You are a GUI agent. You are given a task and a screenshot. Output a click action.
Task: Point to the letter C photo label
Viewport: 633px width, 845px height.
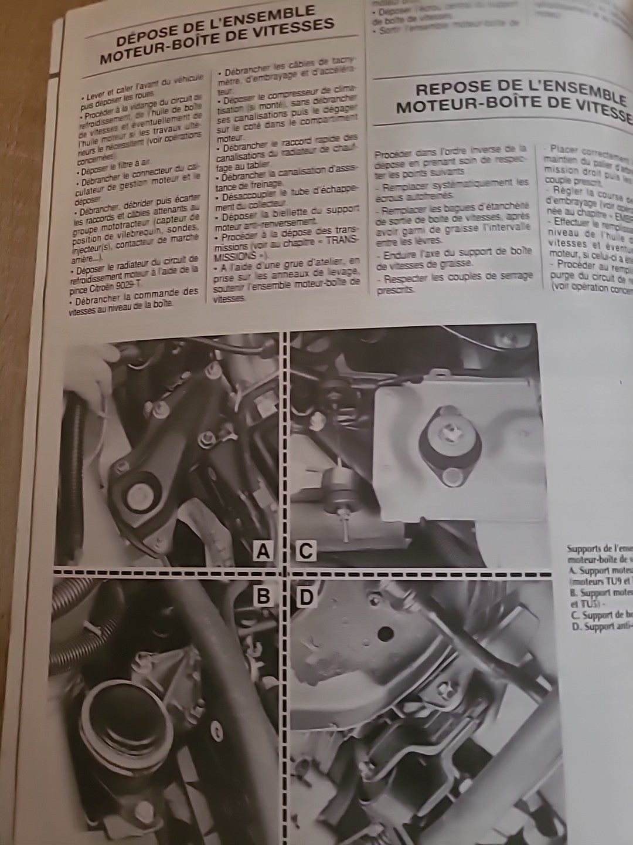pyautogui.click(x=305, y=550)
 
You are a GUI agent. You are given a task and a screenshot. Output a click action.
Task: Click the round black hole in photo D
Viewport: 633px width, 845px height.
pyautogui.click(x=385, y=633)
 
